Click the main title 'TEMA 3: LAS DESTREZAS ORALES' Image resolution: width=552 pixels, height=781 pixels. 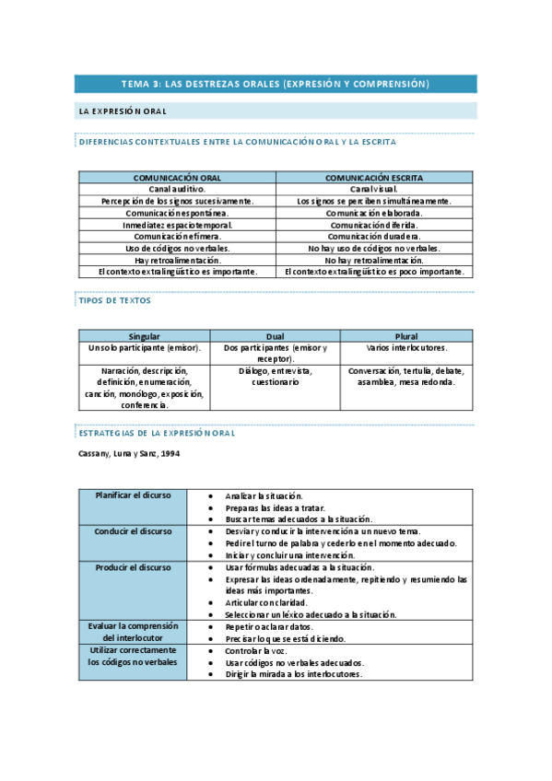coord(276,85)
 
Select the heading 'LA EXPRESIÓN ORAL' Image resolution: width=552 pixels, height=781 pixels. coord(123,111)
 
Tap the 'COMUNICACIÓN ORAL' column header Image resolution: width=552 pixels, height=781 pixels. coord(178,177)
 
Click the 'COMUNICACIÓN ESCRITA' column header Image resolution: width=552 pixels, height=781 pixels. coord(374,177)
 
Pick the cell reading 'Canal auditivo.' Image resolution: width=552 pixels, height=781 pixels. coord(178,189)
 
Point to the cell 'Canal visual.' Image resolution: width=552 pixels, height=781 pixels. coord(374,189)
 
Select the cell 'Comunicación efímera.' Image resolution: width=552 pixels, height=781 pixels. coord(178,237)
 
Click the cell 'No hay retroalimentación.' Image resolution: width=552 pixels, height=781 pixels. coord(374,261)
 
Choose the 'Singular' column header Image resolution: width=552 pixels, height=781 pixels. coord(145,336)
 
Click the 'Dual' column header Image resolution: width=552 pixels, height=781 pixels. coord(275,336)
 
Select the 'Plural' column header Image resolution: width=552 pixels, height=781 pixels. coord(406,336)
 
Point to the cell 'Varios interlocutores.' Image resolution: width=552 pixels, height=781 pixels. coord(406,348)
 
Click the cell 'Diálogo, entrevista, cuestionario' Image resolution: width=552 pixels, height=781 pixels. coord(275,377)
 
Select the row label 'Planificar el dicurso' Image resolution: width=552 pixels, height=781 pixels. coord(133,495)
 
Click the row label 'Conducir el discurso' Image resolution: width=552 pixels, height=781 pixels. coord(133,531)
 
